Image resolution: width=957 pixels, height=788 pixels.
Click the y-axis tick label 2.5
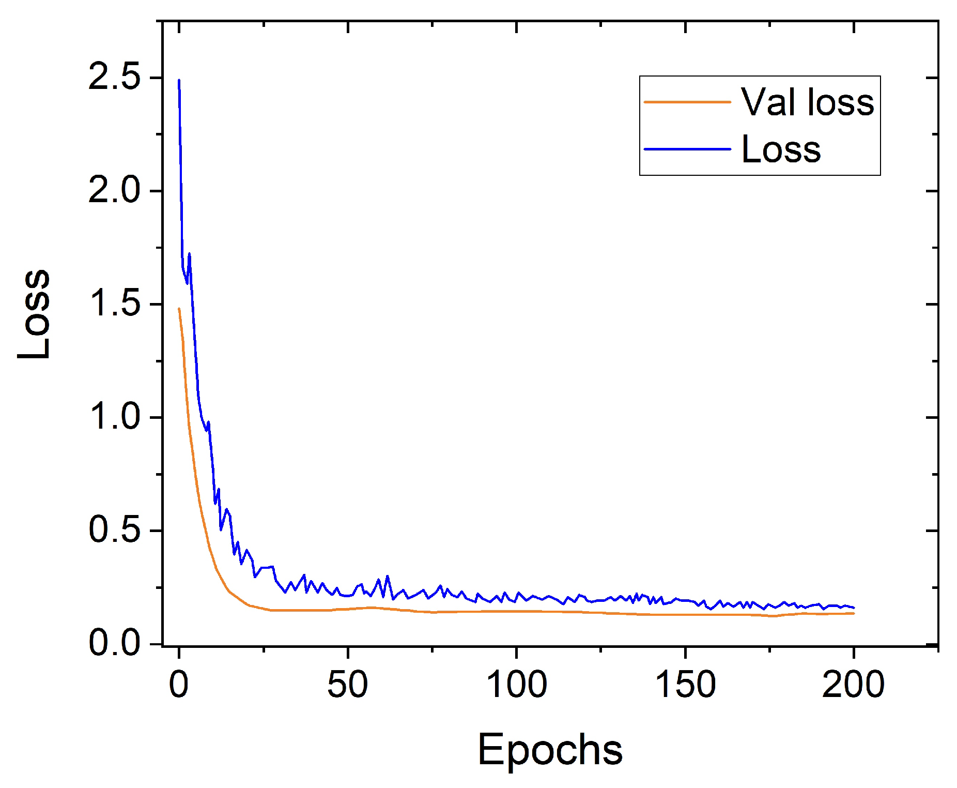click(x=114, y=77)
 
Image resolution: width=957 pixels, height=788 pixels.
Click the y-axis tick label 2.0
click(x=114, y=190)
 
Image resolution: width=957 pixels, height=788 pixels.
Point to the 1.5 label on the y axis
click(x=114, y=304)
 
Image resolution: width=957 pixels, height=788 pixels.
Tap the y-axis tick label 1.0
click(x=114, y=417)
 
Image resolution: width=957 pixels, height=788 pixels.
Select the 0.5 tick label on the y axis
click(x=114, y=530)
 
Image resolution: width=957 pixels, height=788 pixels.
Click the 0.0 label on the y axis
click(x=114, y=643)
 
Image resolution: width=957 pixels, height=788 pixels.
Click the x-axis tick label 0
click(x=179, y=685)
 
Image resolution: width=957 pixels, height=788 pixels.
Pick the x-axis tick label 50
click(x=347, y=685)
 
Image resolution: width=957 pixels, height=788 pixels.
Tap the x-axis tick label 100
click(x=516, y=685)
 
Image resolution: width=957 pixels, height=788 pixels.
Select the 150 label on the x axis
click(x=685, y=685)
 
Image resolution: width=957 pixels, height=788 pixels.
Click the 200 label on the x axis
click(x=853, y=685)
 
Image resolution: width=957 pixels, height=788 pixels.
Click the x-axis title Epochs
click(x=550, y=750)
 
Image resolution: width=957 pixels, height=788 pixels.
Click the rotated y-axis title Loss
click(x=34, y=314)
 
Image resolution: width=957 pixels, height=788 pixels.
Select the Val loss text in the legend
click(x=807, y=102)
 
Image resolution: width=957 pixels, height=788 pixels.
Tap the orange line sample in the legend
click(x=687, y=102)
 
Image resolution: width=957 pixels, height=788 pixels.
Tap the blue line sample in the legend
click(x=687, y=149)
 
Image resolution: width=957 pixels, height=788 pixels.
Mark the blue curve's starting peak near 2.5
click(x=179, y=81)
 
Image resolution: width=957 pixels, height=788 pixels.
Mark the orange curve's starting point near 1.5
click(x=179, y=309)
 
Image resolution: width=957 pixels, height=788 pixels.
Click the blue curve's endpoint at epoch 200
click(x=854, y=608)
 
